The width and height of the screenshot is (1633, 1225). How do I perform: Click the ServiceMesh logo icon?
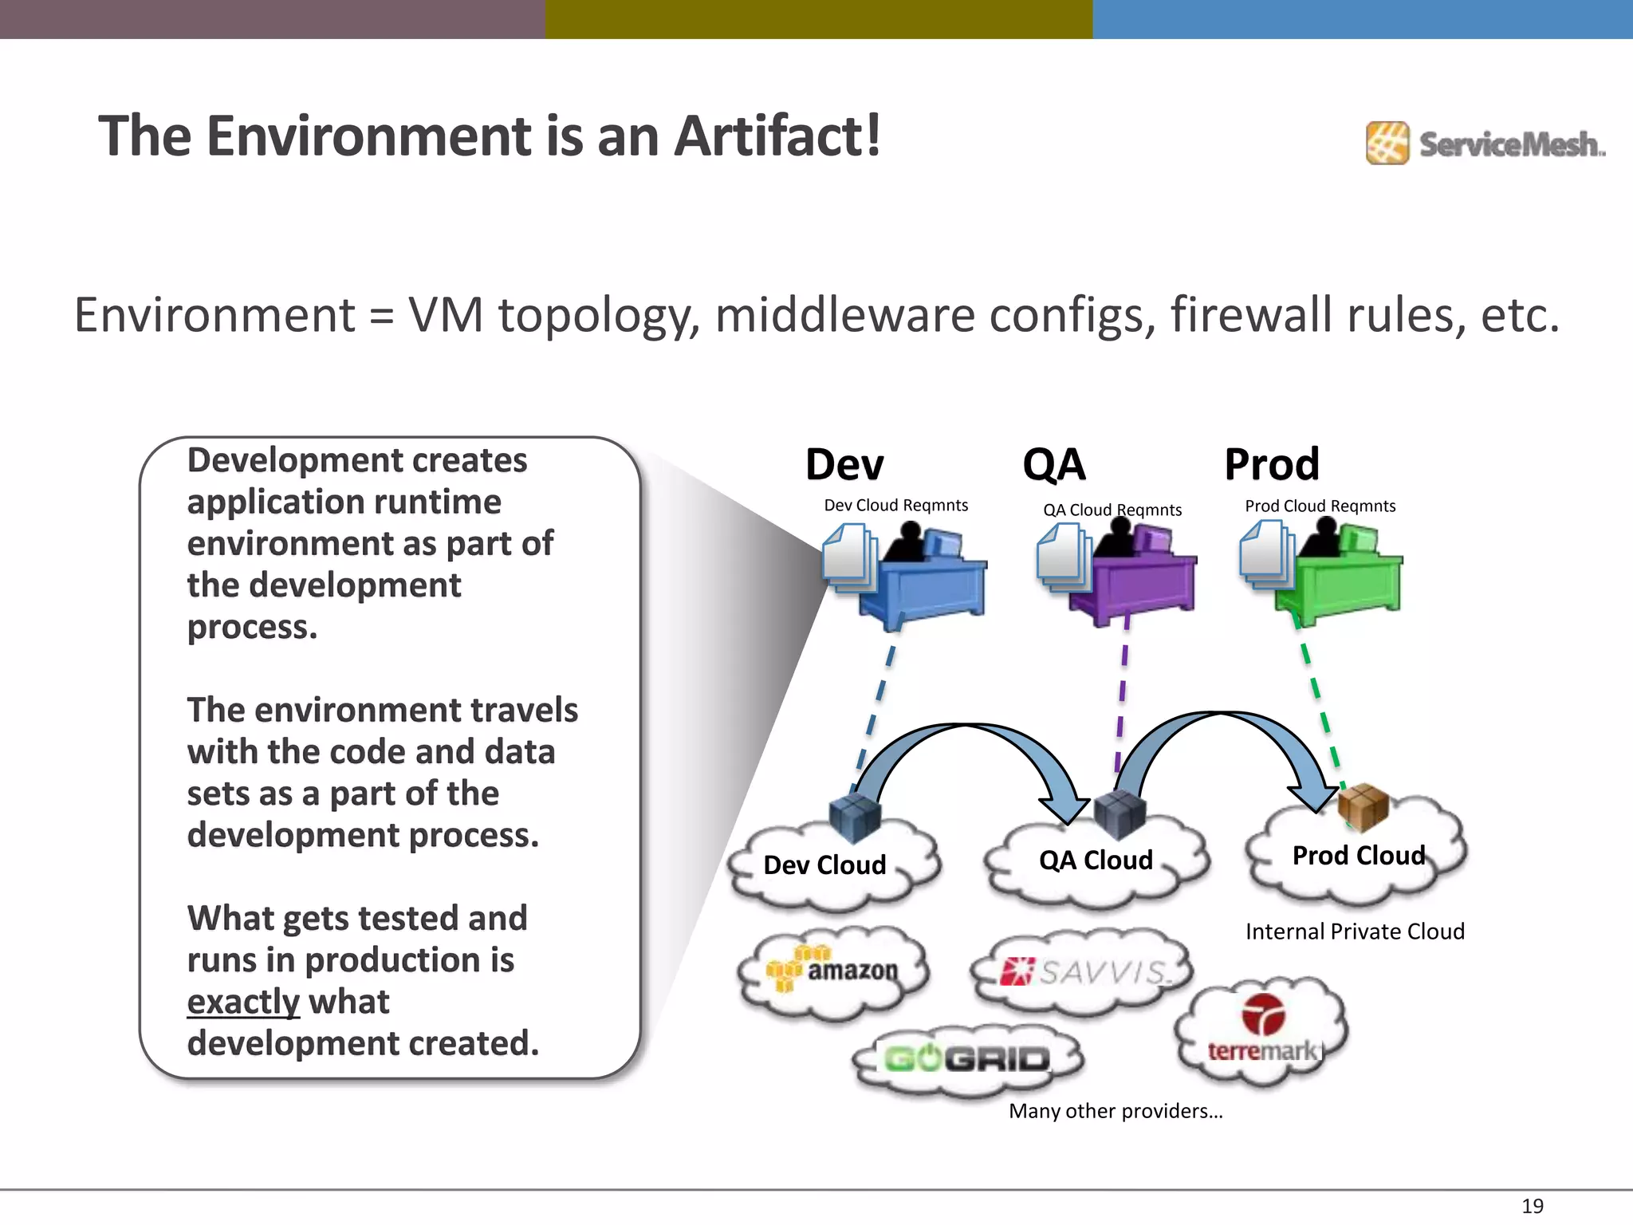click(x=1387, y=144)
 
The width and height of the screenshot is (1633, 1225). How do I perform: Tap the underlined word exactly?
click(x=242, y=1002)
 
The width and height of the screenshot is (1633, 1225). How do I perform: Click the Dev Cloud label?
click(x=824, y=865)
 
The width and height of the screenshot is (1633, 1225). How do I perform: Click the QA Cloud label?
click(x=1096, y=861)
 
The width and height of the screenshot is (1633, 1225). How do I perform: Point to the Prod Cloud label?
click(x=1358, y=856)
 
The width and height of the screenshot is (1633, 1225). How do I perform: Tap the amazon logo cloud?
click(x=833, y=971)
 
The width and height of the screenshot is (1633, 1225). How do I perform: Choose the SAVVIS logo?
click(x=1084, y=972)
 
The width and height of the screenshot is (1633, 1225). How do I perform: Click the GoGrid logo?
click(x=967, y=1059)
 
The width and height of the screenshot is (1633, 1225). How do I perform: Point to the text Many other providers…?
click(x=1115, y=1111)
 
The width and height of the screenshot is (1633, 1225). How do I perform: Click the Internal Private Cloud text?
click(x=1355, y=932)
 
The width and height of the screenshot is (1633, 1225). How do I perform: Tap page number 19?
click(x=1532, y=1206)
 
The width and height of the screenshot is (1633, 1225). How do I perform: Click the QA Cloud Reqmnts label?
click(x=1112, y=510)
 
